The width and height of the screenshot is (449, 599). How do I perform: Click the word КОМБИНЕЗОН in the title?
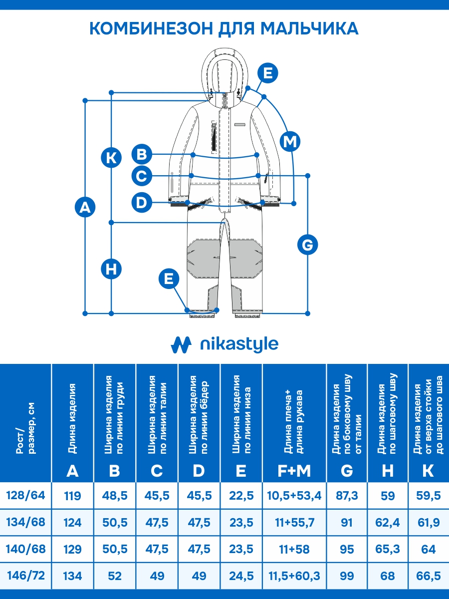pyautogui.click(x=151, y=28)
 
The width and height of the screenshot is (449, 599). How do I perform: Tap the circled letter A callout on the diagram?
pyautogui.click(x=85, y=207)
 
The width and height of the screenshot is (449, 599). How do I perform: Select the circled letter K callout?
pyautogui.click(x=111, y=158)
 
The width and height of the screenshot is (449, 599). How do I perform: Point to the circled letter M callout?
pyautogui.click(x=290, y=142)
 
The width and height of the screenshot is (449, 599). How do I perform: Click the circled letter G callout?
pyautogui.click(x=307, y=245)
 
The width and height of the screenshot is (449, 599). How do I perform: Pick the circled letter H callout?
pyautogui.click(x=111, y=269)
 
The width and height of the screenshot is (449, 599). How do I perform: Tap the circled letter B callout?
pyautogui.click(x=142, y=154)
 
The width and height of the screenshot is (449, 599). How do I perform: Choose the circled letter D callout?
pyautogui.click(x=142, y=203)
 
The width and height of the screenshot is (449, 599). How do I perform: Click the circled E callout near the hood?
pyautogui.click(x=268, y=73)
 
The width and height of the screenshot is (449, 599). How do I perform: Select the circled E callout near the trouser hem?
pyautogui.click(x=169, y=279)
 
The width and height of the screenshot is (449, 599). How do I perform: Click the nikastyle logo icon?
pyautogui.click(x=181, y=344)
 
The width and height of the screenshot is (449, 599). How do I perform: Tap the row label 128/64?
pyautogui.click(x=25, y=495)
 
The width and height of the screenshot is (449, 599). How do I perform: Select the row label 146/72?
pyautogui.click(x=25, y=576)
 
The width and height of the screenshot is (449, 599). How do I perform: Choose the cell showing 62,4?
pyautogui.click(x=388, y=522)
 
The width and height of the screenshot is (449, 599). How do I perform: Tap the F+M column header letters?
pyautogui.click(x=294, y=471)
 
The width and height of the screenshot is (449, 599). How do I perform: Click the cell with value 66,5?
pyautogui.click(x=428, y=576)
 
